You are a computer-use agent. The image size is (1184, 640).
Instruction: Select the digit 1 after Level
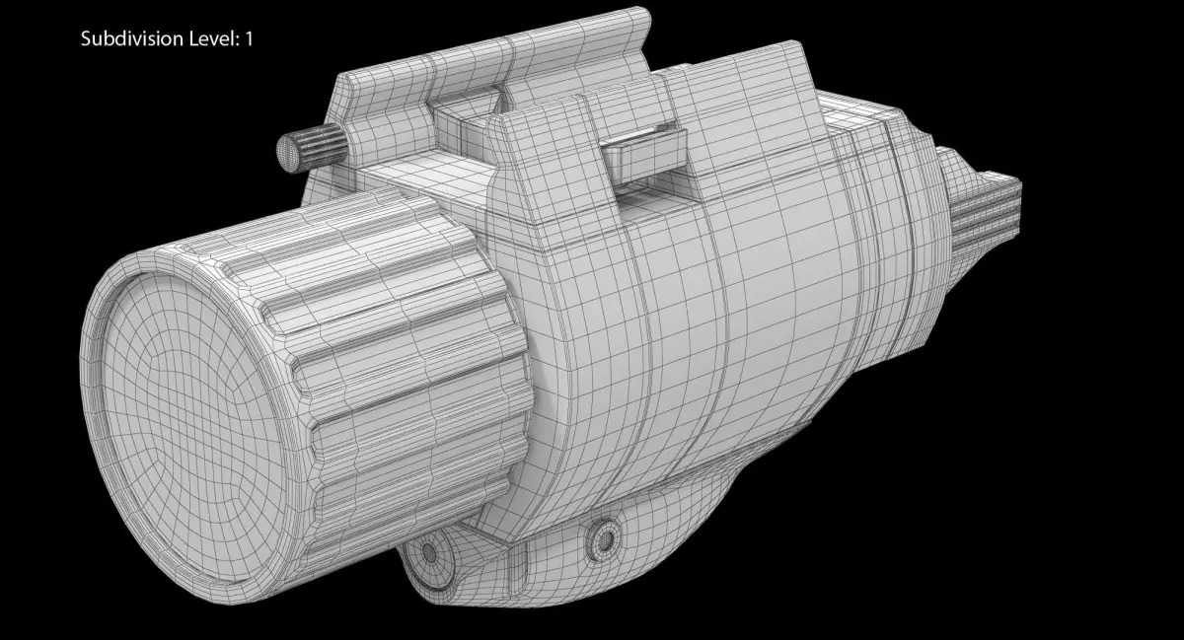click(x=249, y=38)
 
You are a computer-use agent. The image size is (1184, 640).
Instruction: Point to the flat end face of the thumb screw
click(x=288, y=151)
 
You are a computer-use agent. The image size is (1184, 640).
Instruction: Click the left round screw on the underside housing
click(x=429, y=553)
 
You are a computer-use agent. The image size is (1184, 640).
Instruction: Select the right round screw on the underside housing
click(x=604, y=539)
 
